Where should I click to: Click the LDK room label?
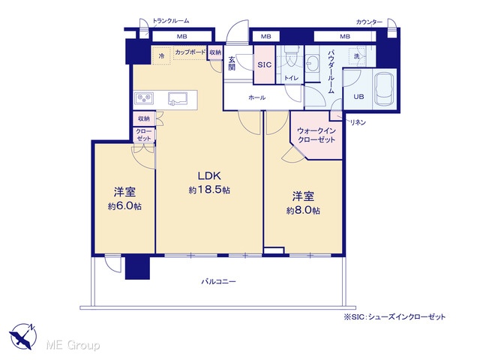(209, 175)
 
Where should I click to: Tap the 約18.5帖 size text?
(209, 190)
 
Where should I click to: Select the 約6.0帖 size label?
(124, 206)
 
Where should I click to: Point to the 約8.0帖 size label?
(303, 211)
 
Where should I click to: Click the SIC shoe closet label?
(264, 64)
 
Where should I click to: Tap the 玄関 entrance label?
(232, 64)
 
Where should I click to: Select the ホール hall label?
(256, 97)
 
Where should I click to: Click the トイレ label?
(291, 78)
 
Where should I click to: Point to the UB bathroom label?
(358, 97)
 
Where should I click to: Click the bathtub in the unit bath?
(383, 88)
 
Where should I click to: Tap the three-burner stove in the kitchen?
(144, 98)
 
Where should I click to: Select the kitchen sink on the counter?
(177, 98)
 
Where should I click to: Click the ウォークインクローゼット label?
(316, 135)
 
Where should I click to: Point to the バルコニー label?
(218, 281)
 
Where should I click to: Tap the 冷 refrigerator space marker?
(161, 55)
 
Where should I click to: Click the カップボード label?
(190, 52)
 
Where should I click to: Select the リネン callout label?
(358, 122)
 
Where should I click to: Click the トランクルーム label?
(171, 21)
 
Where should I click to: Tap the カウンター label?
(369, 22)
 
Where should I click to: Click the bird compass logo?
(23, 337)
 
